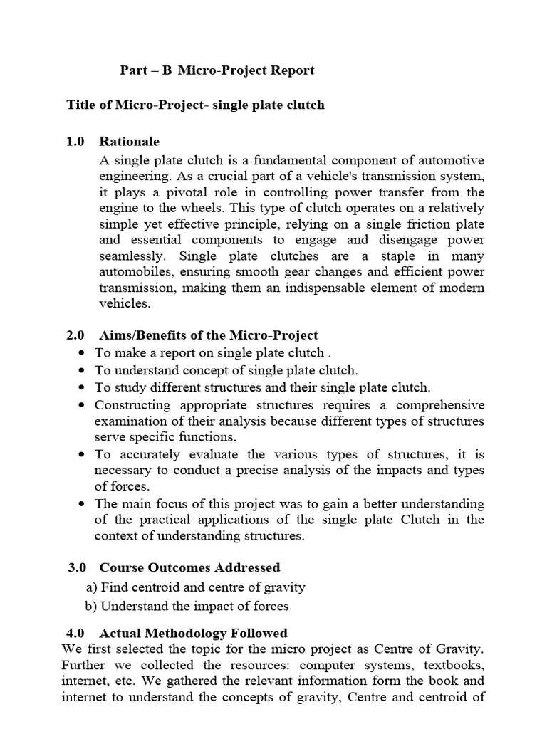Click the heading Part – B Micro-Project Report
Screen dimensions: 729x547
point(216,71)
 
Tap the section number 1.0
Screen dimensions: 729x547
point(75,142)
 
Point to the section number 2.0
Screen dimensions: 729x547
point(75,335)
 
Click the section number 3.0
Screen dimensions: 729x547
point(77,567)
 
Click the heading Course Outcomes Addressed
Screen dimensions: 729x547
point(189,567)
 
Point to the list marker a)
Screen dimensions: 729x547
point(91,587)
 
